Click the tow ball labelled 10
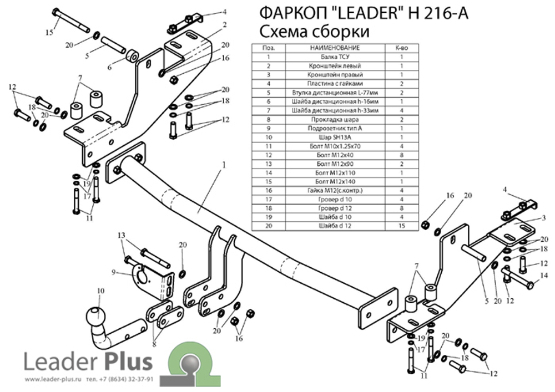coord(94,317)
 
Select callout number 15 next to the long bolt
coord(49,32)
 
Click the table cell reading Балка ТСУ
coord(335,57)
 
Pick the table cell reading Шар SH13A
coord(335,136)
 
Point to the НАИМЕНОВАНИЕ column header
coord(335,48)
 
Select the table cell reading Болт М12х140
coord(335,181)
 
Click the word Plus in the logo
coord(127,362)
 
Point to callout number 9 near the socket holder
coord(114,272)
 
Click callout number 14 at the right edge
coord(544,276)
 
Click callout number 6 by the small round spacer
coord(109,67)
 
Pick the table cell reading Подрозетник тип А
coord(335,128)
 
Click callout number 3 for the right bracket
coord(544,217)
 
